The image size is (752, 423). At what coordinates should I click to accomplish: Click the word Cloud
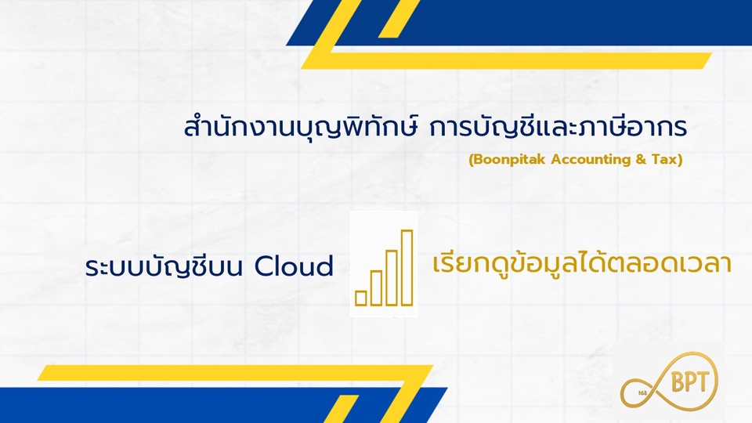pyautogui.click(x=294, y=266)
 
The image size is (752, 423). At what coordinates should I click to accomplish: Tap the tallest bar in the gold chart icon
pyautogui.click(x=407, y=268)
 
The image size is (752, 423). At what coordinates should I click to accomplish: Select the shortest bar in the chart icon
pyautogui.click(x=360, y=298)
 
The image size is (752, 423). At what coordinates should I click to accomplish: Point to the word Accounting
pyautogui.click(x=591, y=159)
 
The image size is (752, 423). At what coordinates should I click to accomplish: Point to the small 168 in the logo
pyautogui.click(x=643, y=393)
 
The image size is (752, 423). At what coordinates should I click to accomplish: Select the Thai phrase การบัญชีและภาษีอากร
pyautogui.click(x=558, y=127)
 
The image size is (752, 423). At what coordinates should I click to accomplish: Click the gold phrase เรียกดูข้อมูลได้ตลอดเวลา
pyautogui.click(x=582, y=264)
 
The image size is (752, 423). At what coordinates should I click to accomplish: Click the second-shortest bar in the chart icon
pyautogui.click(x=376, y=288)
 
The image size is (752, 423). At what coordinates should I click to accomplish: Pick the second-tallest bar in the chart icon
pyautogui.click(x=392, y=277)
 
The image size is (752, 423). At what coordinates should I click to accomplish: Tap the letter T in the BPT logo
pyautogui.click(x=702, y=382)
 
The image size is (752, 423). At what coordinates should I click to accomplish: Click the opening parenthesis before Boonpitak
pyautogui.click(x=471, y=160)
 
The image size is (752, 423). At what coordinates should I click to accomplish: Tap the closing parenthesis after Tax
pyautogui.click(x=680, y=160)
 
